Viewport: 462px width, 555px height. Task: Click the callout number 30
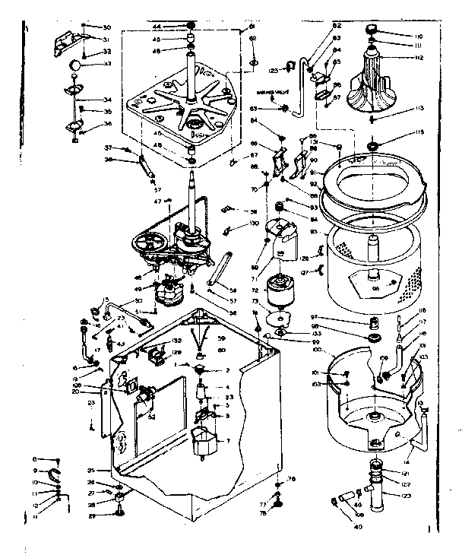[106, 27]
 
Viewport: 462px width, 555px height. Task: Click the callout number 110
[418, 36]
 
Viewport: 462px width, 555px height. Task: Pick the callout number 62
[253, 38]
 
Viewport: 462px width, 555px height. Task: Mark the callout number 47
[158, 201]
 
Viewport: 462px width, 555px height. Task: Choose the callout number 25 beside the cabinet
[91, 471]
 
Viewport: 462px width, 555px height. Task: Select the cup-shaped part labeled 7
[204, 441]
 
